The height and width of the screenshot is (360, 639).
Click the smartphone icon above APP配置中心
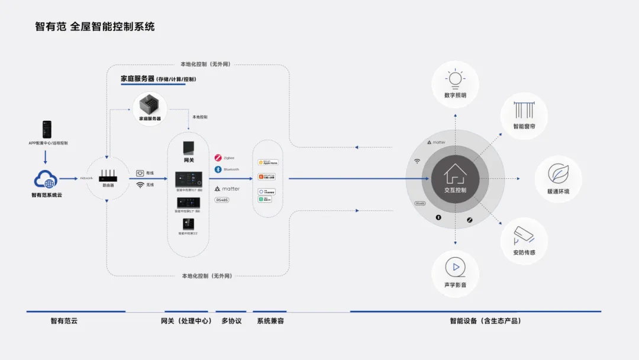pyautogui.click(x=47, y=129)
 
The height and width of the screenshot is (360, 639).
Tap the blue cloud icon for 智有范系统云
pyautogui.click(x=47, y=179)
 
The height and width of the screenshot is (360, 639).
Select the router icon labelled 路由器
pyautogui.click(x=108, y=175)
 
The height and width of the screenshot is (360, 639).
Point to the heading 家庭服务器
pyautogui.click(x=137, y=78)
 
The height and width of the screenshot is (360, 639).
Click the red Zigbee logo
pyautogui.click(x=218, y=158)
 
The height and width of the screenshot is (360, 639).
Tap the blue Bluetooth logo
pyautogui.click(x=218, y=169)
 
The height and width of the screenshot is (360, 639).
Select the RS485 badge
pyautogui.click(x=221, y=200)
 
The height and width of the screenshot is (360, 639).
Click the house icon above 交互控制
pyautogui.click(x=456, y=173)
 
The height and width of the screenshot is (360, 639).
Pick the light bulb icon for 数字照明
pyautogui.click(x=455, y=79)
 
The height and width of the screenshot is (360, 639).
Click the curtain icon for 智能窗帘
pyautogui.click(x=524, y=111)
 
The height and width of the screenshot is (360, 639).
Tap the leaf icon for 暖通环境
pyautogui.click(x=558, y=173)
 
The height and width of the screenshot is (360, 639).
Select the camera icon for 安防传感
pyautogui.click(x=524, y=236)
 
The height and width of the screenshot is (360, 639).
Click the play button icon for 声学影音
pyautogui.click(x=455, y=267)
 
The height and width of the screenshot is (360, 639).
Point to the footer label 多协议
pyautogui.click(x=231, y=321)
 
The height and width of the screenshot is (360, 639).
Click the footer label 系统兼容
pyautogui.click(x=270, y=321)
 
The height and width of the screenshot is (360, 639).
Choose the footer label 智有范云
pyautogui.click(x=64, y=321)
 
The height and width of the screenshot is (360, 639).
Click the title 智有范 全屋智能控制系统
pyautogui.click(x=95, y=27)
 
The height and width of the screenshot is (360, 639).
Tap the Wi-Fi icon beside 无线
pyautogui.click(x=140, y=185)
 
